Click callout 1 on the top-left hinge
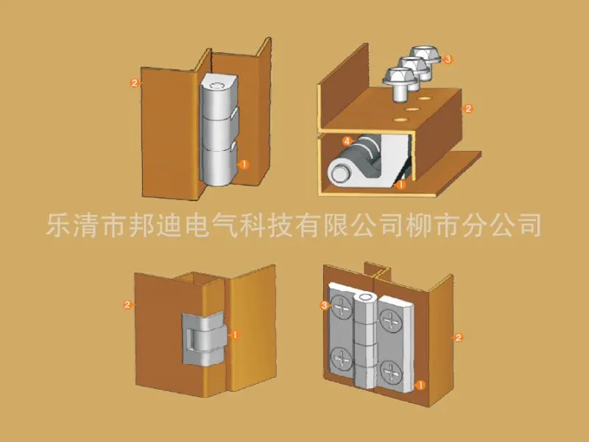click(244, 164)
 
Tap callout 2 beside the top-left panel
click(135, 83)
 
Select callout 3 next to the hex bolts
click(448, 59)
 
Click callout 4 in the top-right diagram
click(347, 141)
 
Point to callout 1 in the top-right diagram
click(401, 185)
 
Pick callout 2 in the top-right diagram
click(468, 108)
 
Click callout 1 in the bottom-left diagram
click(235, 334)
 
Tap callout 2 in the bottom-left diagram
click(127, 304)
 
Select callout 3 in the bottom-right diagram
click(325, 305)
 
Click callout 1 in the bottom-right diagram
click(420, 385)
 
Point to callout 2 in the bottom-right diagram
click(458, 337)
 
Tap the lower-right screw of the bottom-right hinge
click(391, 373)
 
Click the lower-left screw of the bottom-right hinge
click(342, 359)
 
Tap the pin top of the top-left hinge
click(217, 86)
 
